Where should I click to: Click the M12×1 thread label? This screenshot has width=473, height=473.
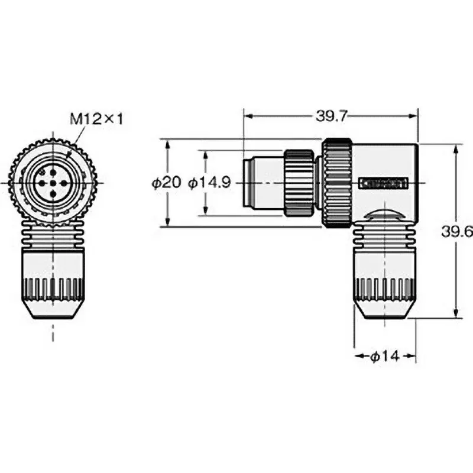tap(96, 119)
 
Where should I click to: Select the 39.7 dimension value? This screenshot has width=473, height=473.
tap(331, 116)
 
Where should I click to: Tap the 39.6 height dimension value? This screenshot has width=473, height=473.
tap(463, 232)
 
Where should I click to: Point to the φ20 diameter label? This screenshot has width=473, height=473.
tap(166, 183)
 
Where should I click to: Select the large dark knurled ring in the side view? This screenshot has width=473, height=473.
tap(336, 183)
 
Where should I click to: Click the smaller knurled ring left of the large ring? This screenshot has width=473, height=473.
tap(299, 183)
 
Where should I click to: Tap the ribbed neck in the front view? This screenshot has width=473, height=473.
tap(53, 237)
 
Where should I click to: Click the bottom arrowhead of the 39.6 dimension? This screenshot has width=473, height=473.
tap(455, 315)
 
